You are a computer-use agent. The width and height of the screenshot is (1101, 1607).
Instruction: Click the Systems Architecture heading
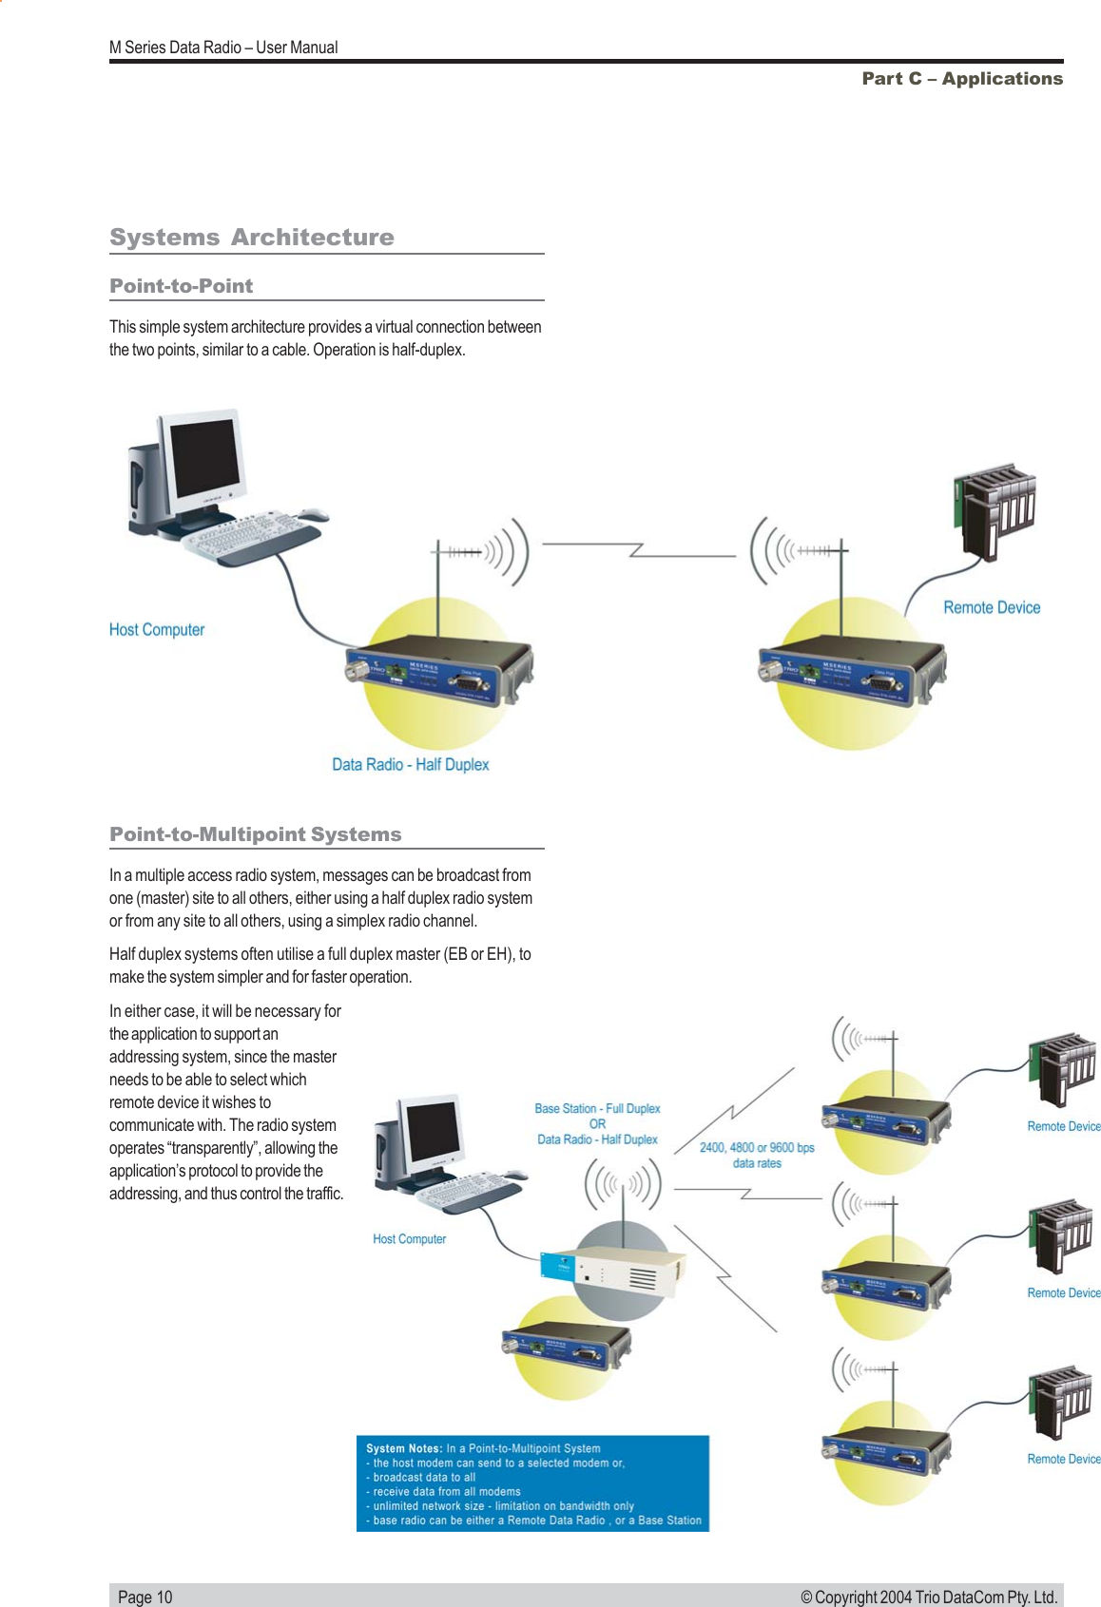pyautogui.click(x=251, y=237)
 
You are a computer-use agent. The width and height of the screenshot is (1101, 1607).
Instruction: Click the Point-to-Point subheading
pyautogui.click(x=181, y=286)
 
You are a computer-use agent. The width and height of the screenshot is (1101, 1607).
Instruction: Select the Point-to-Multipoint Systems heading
pyautogui.click(x=255, y=834)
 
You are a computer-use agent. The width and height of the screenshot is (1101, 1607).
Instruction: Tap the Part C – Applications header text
pyautogui.click(x=961, y=79)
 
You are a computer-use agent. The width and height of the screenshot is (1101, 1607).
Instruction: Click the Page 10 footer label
pyautogui.click(x=145, y=1597)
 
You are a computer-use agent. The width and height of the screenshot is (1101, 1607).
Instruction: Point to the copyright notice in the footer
pyautogui.click(x=928, y=1597)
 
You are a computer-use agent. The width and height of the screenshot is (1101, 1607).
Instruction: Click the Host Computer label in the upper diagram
pyautogui.click(x=156, y=630)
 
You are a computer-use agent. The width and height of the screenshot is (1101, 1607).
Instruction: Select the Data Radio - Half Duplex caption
pyautogui.click(x=410, y=765)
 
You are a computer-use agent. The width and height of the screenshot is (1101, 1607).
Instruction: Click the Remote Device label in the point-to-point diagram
pyautogui.click(x=991, y=608)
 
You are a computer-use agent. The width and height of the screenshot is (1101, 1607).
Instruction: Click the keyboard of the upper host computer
pyautogui.click(x=242, y=535)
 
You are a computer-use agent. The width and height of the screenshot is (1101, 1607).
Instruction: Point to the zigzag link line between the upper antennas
pyautogui.click(x=637, y=549)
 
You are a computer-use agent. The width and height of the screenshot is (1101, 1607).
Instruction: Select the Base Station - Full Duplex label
pyautogui.click(x=597, y=1109)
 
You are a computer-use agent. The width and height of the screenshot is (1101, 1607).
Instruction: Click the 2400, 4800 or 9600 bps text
pyautogui.click(x=757, y=1148)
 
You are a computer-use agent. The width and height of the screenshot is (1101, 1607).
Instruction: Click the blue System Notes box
pyautogui.click(x=532, y=1483)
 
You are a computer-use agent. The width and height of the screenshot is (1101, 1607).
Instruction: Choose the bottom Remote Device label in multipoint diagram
pyautogui.click(x=1063, y=1459)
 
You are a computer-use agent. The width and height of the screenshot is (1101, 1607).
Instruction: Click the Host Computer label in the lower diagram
pyautogui.click(x=409, y=1239)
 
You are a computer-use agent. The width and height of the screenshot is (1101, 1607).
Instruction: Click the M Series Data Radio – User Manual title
pyautogui.click(x=223, y=48)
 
